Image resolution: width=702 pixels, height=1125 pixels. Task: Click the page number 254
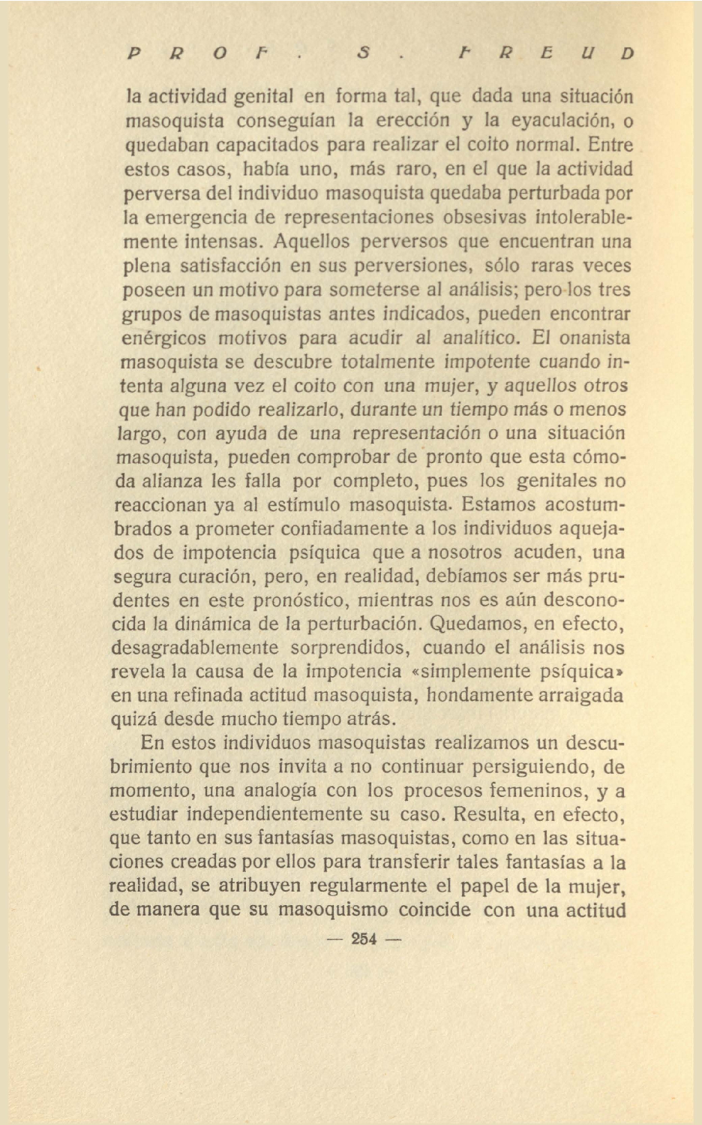(x=364, y=939)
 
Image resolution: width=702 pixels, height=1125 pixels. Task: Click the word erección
(x=413, y=121)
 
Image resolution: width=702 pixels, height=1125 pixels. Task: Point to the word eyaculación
(x=559, y=121)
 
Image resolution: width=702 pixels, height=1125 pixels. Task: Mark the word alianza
(x=173, y=481)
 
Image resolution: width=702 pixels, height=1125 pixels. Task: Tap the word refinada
(x=191, y=696)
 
